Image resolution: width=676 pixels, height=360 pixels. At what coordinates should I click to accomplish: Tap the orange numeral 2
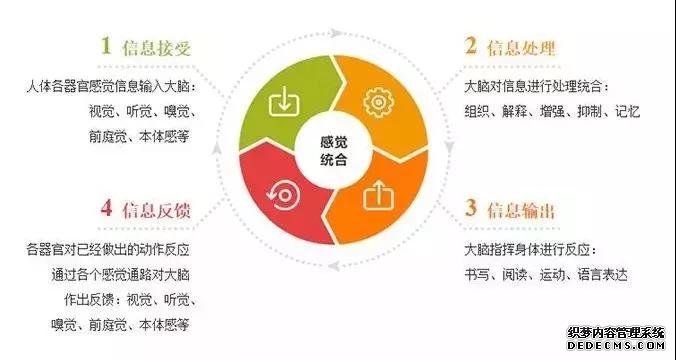pos(468,46)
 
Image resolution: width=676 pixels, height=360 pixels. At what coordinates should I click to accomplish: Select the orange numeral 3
pos(468,211)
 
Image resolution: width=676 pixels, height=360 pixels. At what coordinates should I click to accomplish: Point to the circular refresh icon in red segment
pos(284,194)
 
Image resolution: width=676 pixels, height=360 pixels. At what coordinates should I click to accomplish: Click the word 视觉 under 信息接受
pos(104,112)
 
